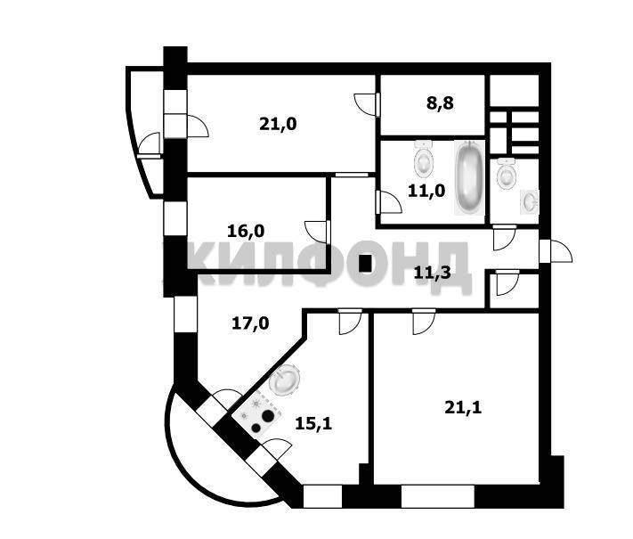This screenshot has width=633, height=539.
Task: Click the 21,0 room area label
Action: point(278,125)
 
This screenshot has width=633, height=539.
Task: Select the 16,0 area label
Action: point(246,231)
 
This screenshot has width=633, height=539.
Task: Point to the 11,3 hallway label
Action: point(432,273)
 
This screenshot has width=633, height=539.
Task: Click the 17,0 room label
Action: point(250,323)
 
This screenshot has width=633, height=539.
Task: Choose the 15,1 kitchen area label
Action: point(313,423)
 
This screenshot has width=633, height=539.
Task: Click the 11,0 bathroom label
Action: point(426,190)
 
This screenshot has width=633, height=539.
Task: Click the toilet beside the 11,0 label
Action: point(424,161)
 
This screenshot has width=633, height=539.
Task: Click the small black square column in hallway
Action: point(365,263)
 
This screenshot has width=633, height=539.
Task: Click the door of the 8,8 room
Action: point(366,103)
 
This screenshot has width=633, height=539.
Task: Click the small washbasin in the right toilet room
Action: point(530,201)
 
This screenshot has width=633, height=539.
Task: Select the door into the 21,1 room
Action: point(422,319)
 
